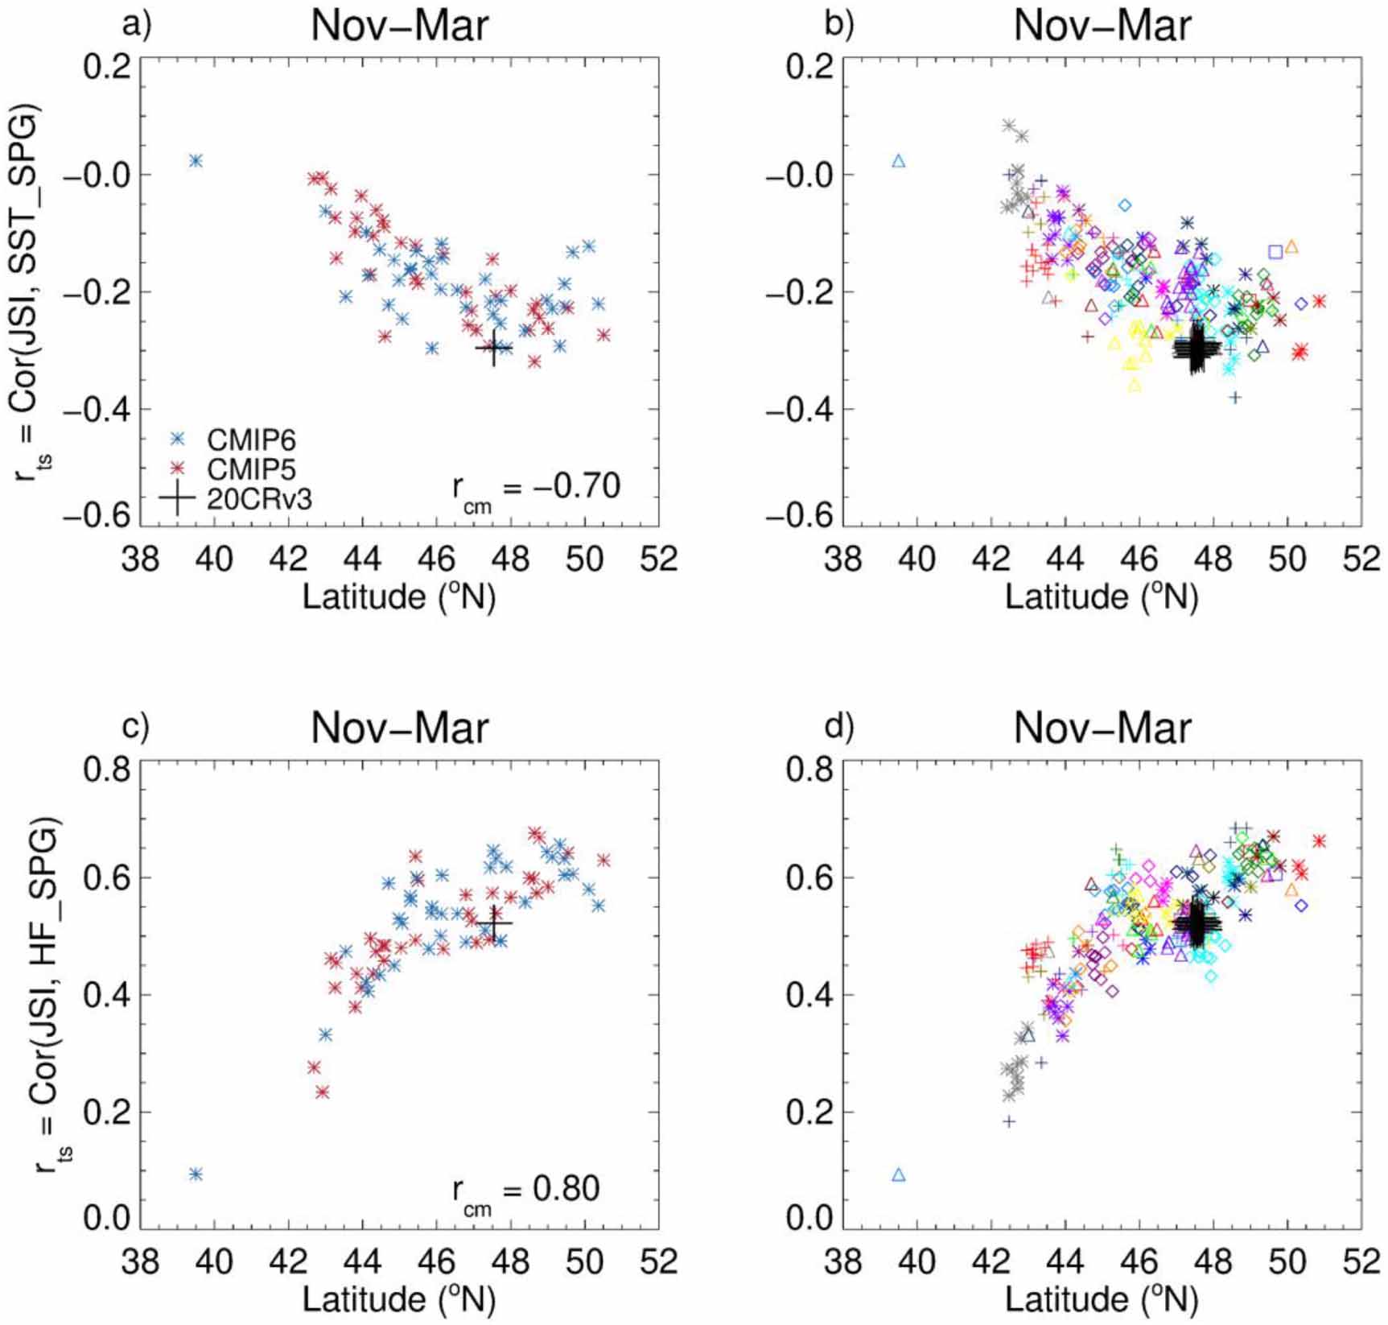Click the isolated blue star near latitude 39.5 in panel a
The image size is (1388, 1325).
pos(196,161)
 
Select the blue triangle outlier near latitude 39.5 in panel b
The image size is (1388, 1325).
pos(899,161)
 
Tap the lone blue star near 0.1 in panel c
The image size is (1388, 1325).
pos(196,1174)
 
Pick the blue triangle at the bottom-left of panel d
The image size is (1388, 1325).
pos(899,1175)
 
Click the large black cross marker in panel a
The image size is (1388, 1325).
pos(494,348)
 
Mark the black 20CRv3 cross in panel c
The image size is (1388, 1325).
pos(494,923)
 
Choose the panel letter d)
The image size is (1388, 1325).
pos(839,727)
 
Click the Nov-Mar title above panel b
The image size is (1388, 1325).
pos(1102,26)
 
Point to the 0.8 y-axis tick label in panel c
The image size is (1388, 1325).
pos(106,770)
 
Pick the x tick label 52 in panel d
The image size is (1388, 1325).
pos(1361,1261)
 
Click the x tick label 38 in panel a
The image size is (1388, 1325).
pos(140,558)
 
